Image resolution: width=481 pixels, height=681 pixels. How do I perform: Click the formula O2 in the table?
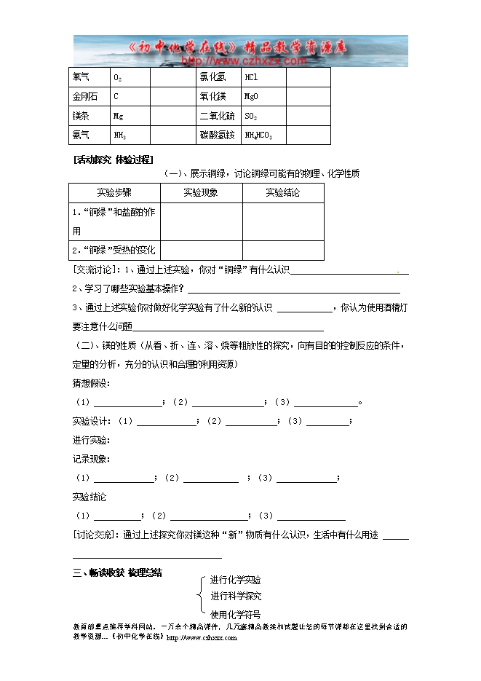117,77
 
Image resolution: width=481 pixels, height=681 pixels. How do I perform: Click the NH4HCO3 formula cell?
258,135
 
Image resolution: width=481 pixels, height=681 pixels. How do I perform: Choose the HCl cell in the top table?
251,77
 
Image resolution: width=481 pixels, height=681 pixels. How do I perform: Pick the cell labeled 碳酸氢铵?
217,135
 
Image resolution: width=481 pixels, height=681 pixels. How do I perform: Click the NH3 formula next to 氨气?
120,135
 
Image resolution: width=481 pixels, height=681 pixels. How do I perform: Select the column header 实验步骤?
114,193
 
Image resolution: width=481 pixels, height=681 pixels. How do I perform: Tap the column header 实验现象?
201,193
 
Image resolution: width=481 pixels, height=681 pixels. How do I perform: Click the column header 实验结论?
283,193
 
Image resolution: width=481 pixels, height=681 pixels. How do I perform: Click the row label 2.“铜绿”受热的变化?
114,250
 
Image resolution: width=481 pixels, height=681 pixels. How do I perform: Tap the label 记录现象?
91,459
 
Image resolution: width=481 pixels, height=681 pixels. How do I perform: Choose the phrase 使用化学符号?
235,614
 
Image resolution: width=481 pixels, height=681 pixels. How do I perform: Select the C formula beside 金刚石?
116,96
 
